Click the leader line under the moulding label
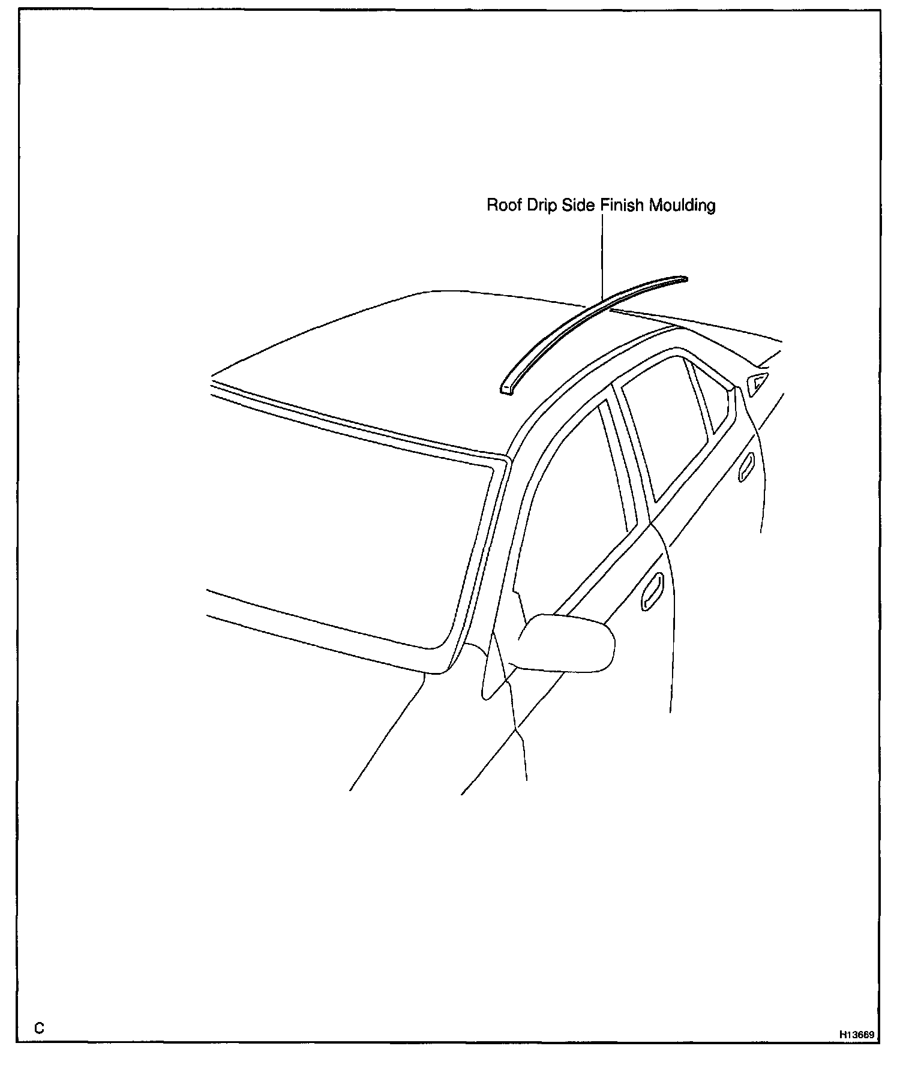pos(602,258)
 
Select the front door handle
pos(652,593)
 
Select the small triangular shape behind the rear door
pos(757,382)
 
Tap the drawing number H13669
pos(857,1035)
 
